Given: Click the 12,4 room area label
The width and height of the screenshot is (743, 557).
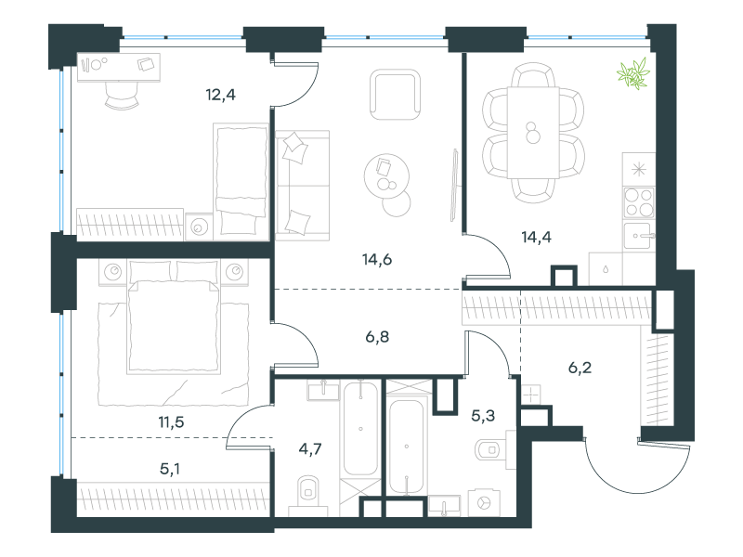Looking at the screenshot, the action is pos(220,96).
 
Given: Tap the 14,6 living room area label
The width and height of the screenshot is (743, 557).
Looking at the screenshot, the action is pos(377,260).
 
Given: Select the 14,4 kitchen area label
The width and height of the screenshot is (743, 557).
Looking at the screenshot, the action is pos(537,237).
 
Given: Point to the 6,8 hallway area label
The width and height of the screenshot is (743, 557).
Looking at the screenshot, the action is pos(377,337).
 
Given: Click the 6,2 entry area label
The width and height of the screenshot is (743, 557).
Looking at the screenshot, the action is pos(580,367).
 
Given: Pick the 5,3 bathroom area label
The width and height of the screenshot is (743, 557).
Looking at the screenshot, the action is pos(483,415).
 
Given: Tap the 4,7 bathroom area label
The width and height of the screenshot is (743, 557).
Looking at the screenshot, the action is pos(310,448).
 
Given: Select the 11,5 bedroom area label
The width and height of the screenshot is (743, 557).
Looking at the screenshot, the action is pos(171,421).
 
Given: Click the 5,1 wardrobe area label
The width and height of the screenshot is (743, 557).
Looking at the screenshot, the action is pos(170,469).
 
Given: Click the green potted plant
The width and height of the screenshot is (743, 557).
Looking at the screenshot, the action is pos(632,72).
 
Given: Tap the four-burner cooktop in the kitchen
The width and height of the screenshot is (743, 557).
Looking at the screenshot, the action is pos(639,202).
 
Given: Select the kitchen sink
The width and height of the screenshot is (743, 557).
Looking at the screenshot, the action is pos(638,236).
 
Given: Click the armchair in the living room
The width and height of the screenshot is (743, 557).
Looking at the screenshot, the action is pos(395,95).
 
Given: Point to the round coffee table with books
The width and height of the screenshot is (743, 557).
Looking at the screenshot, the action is pos(386,176).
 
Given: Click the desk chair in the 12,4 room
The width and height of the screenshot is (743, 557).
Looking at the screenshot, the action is pos(122,96).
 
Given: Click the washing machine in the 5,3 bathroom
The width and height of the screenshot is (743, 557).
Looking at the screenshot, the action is pos(484,502).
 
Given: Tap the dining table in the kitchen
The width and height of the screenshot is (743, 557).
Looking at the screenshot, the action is pos(533,133).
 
